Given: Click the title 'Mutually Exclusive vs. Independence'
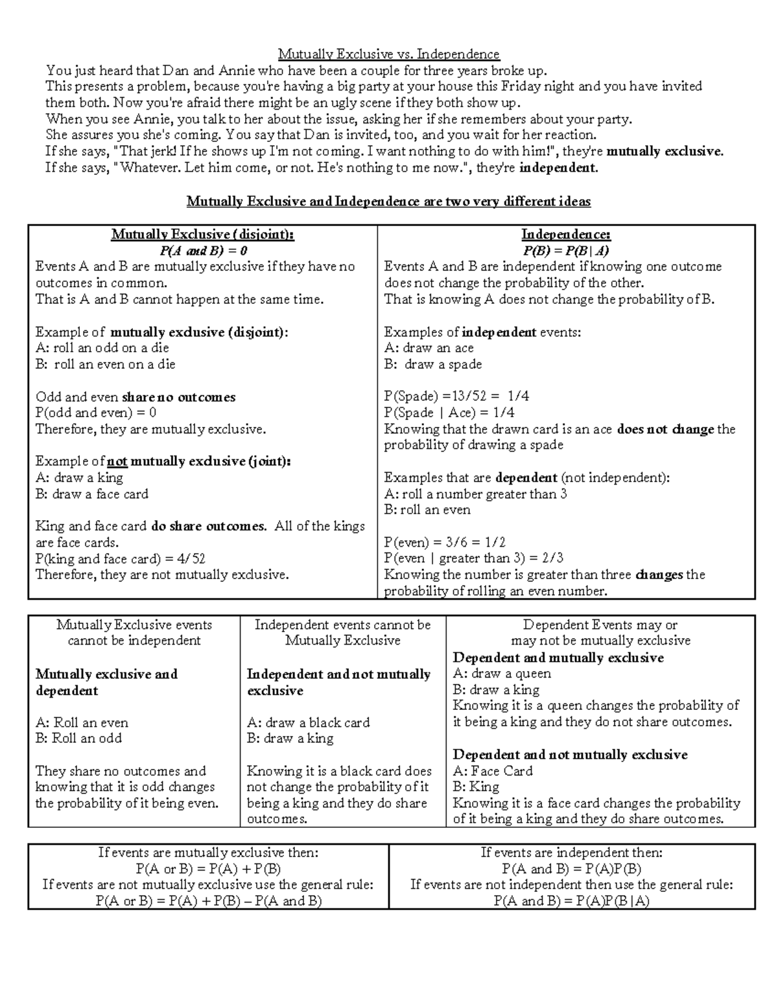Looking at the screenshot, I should coord(389,54).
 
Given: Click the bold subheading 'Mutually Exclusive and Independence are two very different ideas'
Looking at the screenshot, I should coord(388,201).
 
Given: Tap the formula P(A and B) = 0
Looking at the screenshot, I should coord(203,251).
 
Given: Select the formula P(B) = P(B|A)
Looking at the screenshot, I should coord(566,251).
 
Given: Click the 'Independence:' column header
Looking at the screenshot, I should coord(566,234).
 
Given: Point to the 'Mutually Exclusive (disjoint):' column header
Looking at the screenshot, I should coord(203,234).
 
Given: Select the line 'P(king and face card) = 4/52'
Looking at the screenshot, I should coord(121,558).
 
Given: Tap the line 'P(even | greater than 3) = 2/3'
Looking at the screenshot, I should coord(473,558).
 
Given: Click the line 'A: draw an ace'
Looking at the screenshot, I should coord(429,348).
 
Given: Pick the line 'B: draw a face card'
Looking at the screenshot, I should coord(92,494).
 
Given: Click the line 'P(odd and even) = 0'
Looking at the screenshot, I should coord(96,413).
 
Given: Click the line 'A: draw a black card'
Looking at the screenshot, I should coord(309,722).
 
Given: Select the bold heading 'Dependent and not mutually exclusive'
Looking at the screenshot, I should coord(570,755).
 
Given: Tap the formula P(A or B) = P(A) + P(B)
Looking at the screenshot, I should coord(208,869).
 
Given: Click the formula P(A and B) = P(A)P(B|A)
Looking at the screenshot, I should coord(571,900).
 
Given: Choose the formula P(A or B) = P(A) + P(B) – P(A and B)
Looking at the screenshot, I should coord(208,900).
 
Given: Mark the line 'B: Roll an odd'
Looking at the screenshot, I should coord(78,738).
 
